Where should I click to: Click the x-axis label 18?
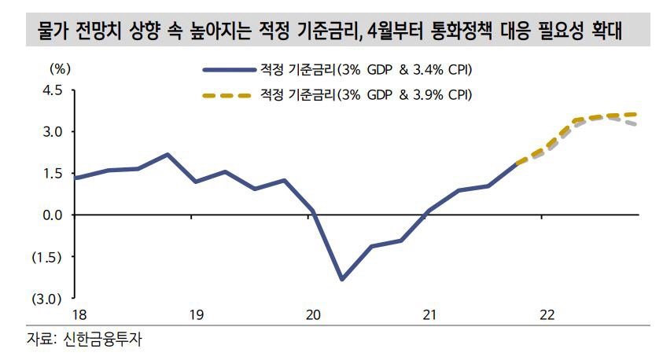click(79, 315)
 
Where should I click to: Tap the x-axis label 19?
click(196, 315)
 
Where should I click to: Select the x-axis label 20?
click(313, 315)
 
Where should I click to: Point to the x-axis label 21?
click(429, 315)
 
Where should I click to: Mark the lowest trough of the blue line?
click(341, 279)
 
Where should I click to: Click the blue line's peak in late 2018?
click(167, 154)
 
